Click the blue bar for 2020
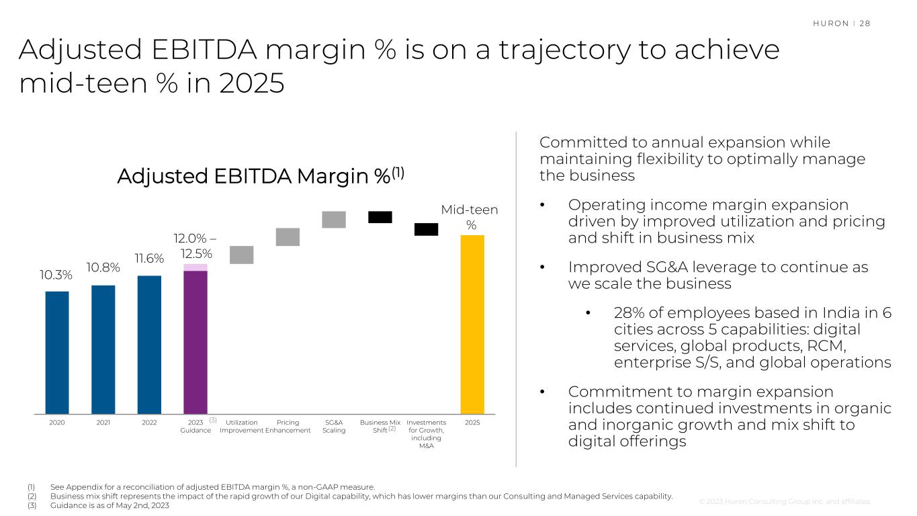point(57,352)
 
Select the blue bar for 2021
point(103,349)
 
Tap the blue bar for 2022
point(149,345)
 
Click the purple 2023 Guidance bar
point(195,341)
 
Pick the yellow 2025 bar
point(472,325)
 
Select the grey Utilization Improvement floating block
point(241,255)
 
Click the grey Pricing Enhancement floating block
point(288,237)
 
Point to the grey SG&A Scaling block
point(334,220)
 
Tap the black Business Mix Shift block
point(380,217)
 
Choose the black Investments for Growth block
point(426,229)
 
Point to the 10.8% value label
point(103,268)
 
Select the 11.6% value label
point(148,258)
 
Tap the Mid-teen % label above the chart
point(470,217)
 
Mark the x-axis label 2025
point(472,423)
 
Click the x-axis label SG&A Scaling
point(334,426)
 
